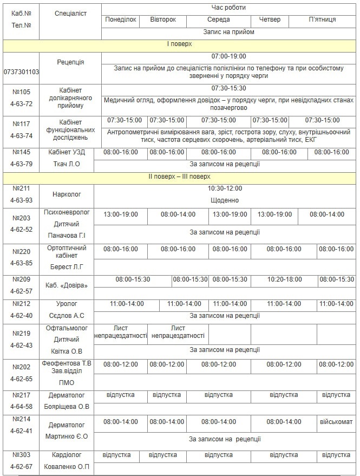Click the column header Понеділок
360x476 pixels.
[121, 19]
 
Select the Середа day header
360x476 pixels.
[218, 19]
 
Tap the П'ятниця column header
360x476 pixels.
[322, 19]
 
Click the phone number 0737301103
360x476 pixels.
[21, 71]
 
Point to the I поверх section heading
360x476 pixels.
[179, 44]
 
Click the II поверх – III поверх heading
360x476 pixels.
[179, 177]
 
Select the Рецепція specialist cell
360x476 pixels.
[70, 62]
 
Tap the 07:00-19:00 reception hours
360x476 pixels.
[228, 56]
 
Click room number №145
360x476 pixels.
[21, 152]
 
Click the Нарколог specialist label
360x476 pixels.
[67, 194]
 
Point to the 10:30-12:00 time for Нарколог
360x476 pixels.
[225, 188]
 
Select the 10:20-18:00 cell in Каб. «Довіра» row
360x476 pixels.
[284, 279]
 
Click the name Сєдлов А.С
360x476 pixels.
[67, 316]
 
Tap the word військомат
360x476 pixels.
[336, 421]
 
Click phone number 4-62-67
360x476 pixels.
[21, 467]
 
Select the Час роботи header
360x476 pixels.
[228, 8]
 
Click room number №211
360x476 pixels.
[21, 188]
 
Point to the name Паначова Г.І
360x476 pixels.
[67, 236]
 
